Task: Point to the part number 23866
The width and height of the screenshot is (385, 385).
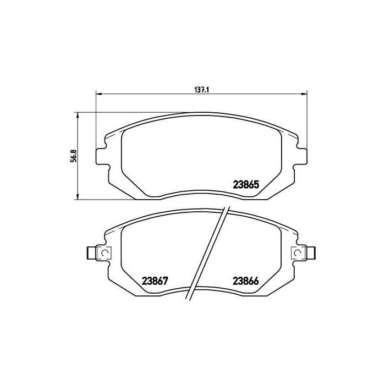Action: pos(245,279)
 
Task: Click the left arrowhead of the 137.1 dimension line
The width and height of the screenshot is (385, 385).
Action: pos(99,93)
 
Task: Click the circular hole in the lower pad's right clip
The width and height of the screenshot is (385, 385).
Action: pos(298,252)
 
